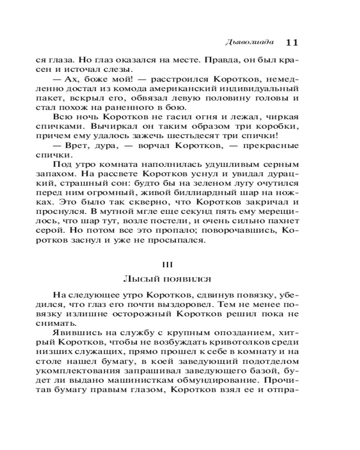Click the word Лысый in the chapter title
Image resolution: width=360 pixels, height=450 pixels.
[x=137, y=279]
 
